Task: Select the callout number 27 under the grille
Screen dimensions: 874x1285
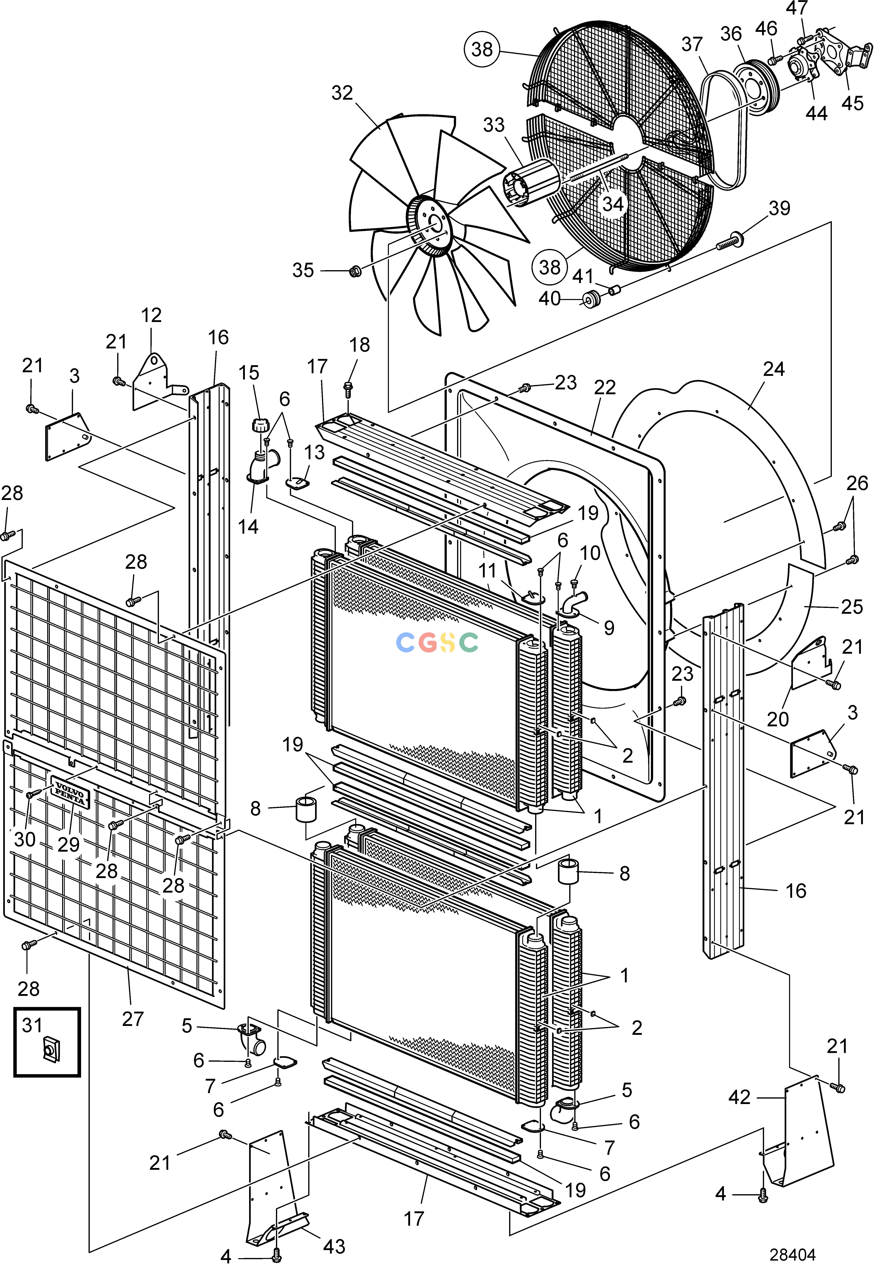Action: click(x=133, y=1018)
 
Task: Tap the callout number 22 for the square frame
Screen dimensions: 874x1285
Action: click(x=605, y=388)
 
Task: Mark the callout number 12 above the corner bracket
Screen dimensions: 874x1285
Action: click(x=151, y=315)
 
